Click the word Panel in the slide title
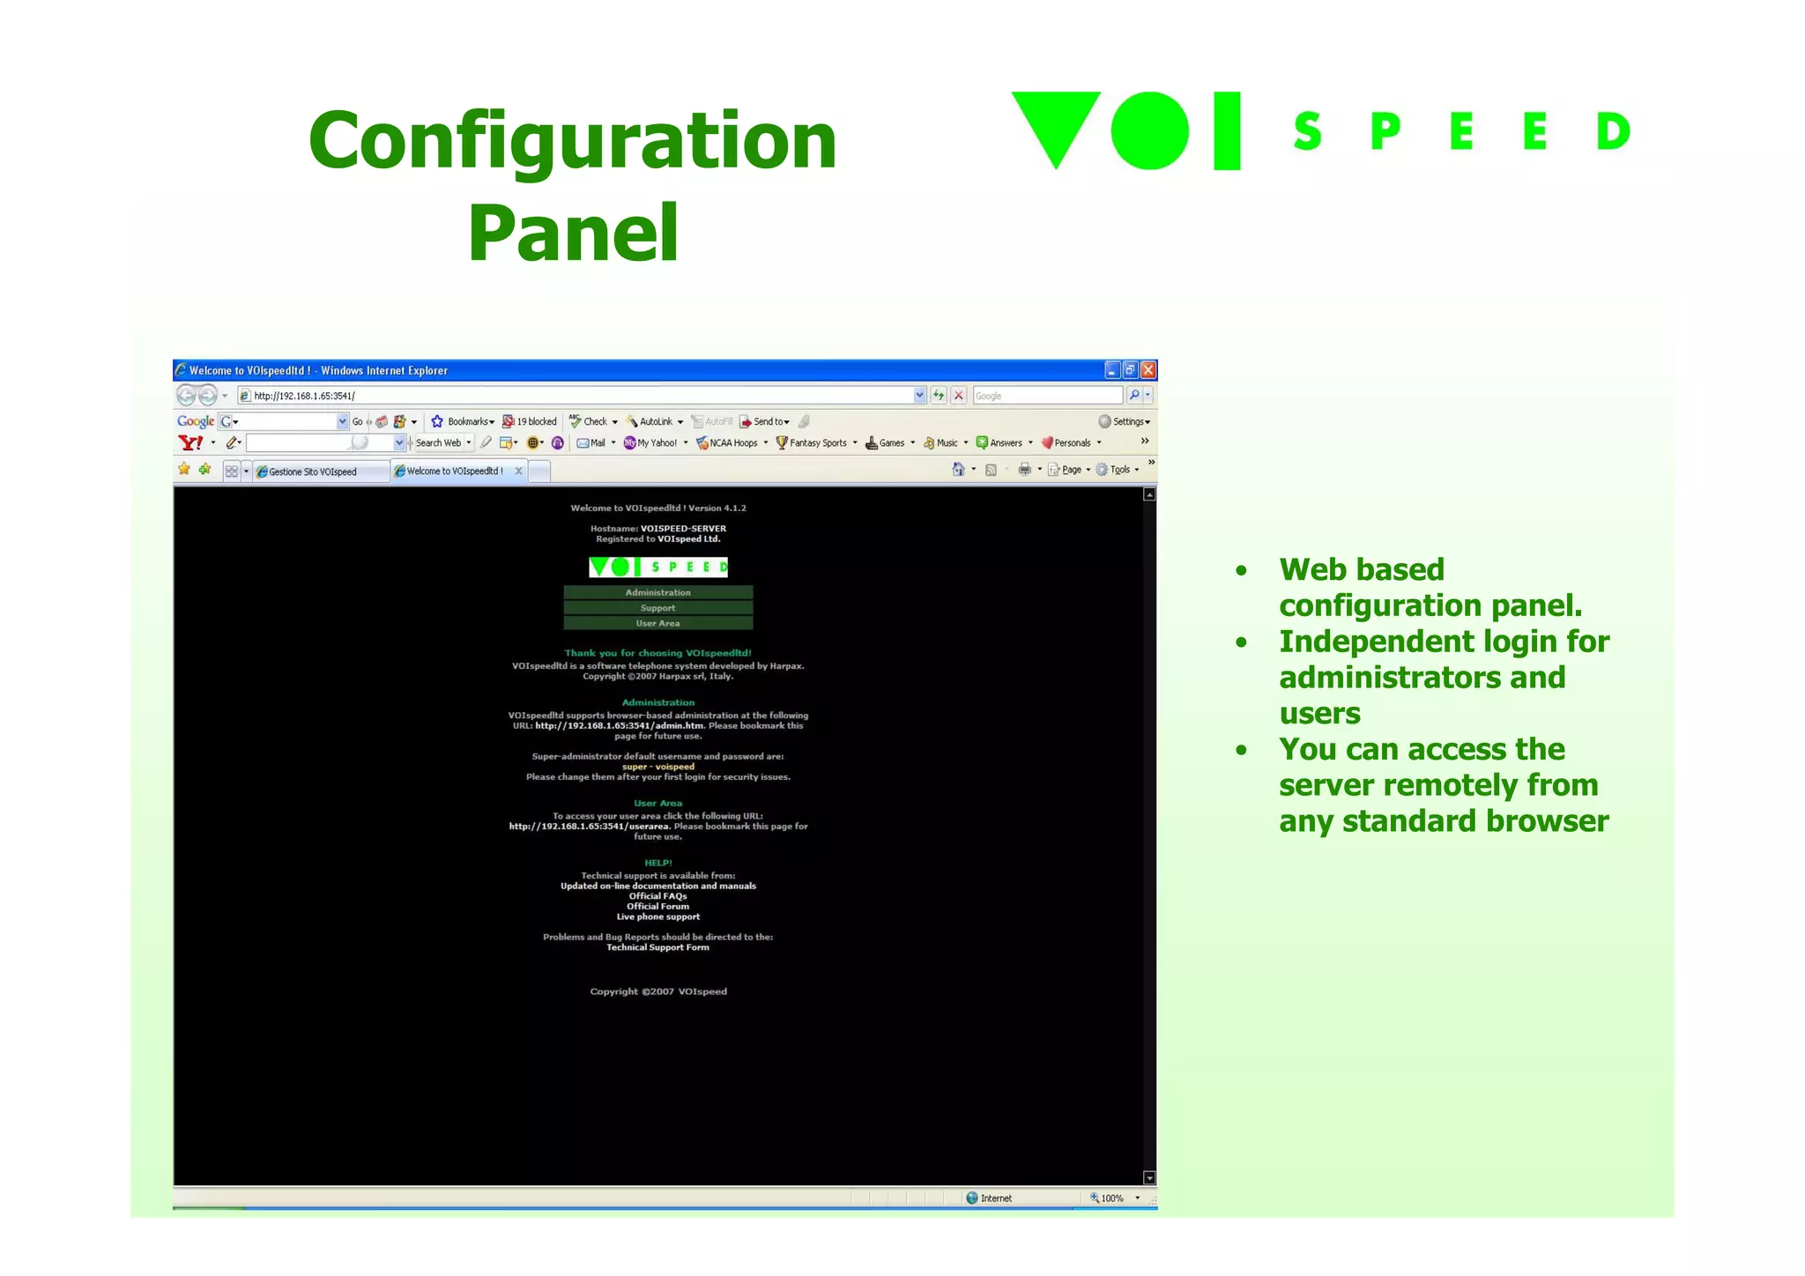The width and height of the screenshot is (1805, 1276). pyautogui.click(x=573, y=233)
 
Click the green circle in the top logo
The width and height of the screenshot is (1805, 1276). pyautogui.click(x=1149, y=130)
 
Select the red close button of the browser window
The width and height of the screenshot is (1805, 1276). pyautogui.click(x=1148, y=370)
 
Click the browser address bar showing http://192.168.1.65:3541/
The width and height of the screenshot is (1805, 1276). pyautogui.click(x=573, y=396)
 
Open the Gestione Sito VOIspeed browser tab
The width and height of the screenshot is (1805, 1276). pyautogui.click(x=313, y=471)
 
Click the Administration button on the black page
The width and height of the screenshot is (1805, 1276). pyautogui.click(x=657, y=592)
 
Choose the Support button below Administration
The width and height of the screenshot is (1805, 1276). pyautogui.click(x=657, y=608)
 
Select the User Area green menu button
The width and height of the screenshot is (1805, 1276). pyautogui.click(x=657, y=623)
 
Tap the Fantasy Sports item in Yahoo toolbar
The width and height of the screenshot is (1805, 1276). pyautogui.click(x=817, y=443)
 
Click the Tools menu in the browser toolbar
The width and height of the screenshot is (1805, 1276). pyautogui.click(x=1119, y=470)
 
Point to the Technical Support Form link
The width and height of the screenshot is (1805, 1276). pyautogui.click(x=657, y=947)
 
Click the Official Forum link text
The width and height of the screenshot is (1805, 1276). pyautogui.click(x=657, y=906)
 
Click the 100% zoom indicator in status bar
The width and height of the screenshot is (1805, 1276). pyautogui.click(x=1111, y=1198)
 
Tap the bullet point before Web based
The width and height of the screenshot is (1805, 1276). pyautogui.click(x=1241, y=570)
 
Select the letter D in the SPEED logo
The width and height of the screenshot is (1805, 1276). pyautogui.click(x=1613, y=131)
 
